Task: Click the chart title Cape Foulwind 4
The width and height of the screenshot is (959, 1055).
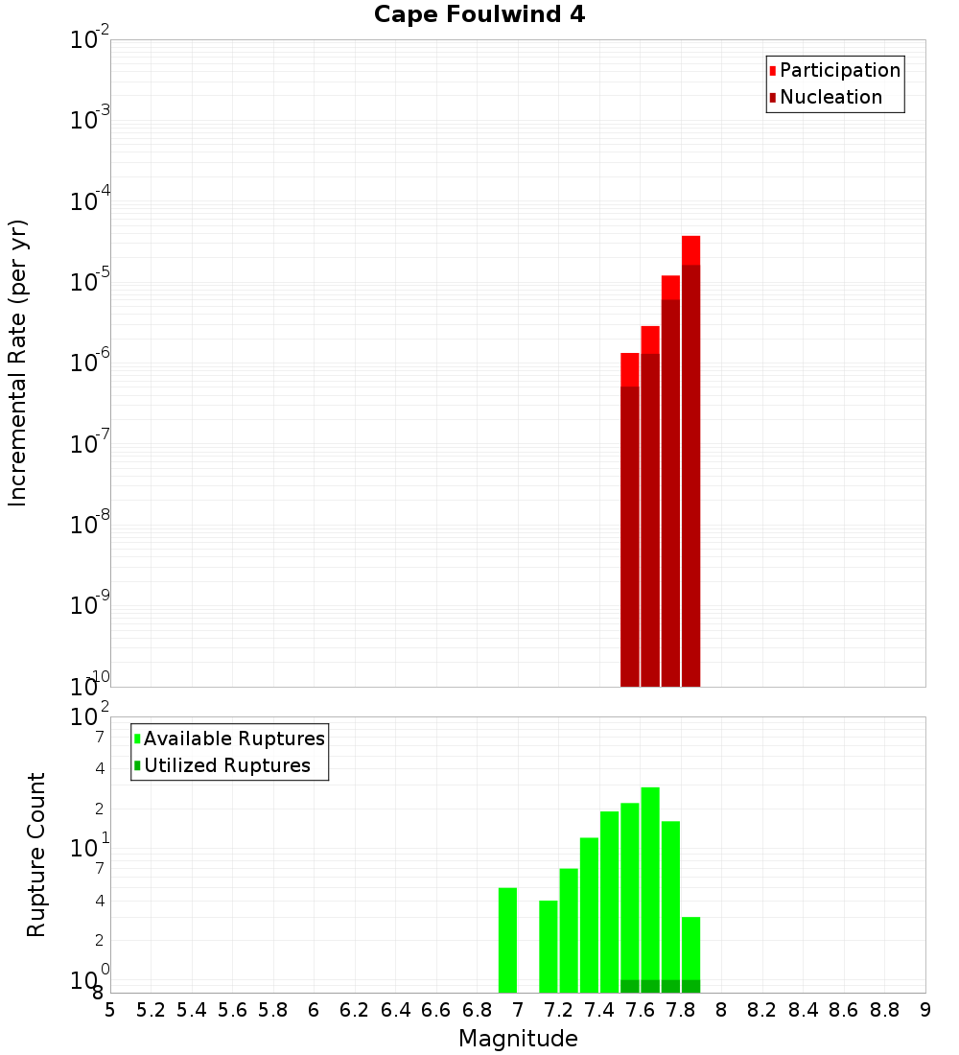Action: (x=479, y=14)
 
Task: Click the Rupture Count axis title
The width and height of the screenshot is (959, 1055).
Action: (x=36, y=855)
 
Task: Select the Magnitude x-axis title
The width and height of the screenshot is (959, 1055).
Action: (x=518, y=1039)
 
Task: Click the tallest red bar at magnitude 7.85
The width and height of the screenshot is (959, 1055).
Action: (x=690, y=460)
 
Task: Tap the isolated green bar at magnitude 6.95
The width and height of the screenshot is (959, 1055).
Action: (x=507, y=940)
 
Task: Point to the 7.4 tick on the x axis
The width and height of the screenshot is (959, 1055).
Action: (x=599, y=1010)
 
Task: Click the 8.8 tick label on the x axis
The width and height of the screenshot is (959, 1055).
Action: (x=884, y=1010)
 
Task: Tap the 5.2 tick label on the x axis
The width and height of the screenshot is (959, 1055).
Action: (x=151, y=1010)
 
